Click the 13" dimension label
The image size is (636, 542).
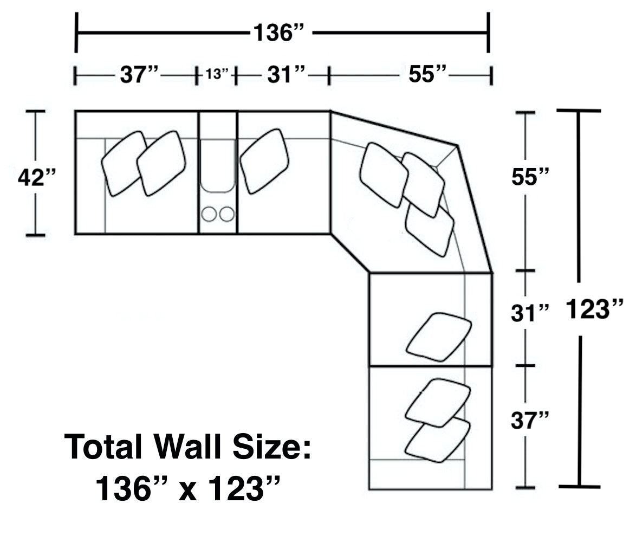[x=217, y=74]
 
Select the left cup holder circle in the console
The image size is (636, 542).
[x=209, y=214]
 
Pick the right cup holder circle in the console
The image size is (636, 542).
[x=227, y=214]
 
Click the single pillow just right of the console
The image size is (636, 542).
[x=264, y=160]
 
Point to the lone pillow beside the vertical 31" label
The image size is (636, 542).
[x=439, y=337]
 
